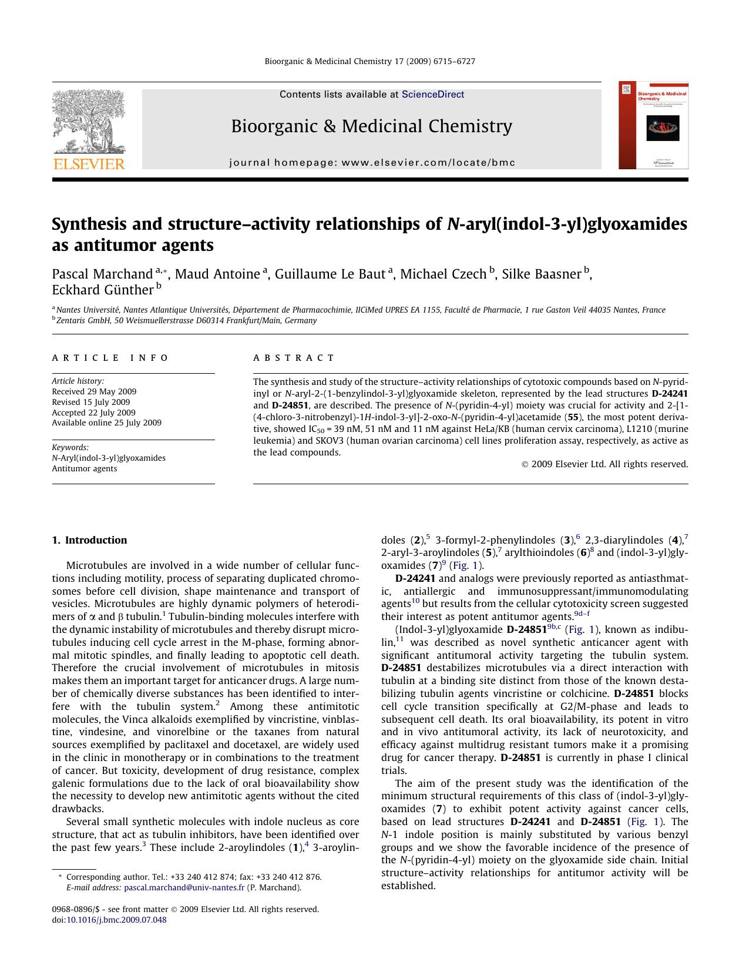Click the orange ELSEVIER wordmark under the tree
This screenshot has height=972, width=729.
pos(89,164)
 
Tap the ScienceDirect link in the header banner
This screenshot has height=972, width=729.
pos(433,95)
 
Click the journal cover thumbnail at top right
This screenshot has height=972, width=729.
pos(653,125)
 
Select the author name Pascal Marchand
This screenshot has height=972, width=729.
pos(102,274)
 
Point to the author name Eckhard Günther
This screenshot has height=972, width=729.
pos(102,290)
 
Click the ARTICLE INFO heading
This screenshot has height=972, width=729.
pos(110,358)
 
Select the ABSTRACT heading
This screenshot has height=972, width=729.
pos(294,358)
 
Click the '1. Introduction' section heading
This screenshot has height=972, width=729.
pos(89,540)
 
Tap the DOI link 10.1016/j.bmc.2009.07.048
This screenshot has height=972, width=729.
pos(116,920)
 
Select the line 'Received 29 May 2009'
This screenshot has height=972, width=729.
pos(94,391)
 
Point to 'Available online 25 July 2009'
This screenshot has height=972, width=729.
pos(106,423)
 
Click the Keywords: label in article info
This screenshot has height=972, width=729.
pos(70,447)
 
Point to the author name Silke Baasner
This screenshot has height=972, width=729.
pos(541,274)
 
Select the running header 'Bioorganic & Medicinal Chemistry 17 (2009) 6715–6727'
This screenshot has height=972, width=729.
pos(370,61)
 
